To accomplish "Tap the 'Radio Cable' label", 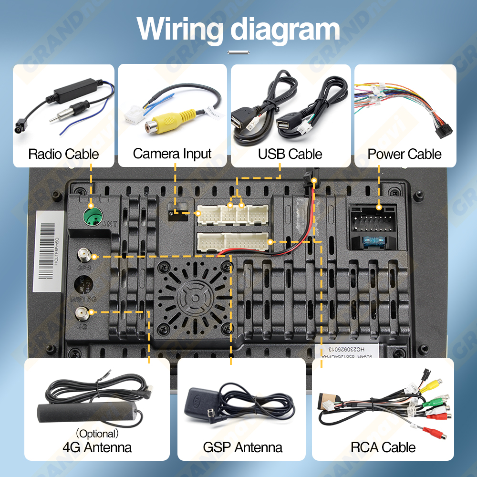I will click(x=63, y=154).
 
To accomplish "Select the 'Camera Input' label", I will click(x=172, y=154).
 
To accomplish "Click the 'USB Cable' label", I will click(x=290, y=154).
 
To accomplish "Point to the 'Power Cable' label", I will click(x=404, y=154).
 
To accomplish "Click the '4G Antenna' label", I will click(x=97, y=447).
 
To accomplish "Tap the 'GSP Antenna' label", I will click(x=242, y=447).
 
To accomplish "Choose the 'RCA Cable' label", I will click(x=383, y=447).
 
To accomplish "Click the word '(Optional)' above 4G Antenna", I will click(x=97, y=434).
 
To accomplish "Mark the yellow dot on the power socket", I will click(x=379, y=207).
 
